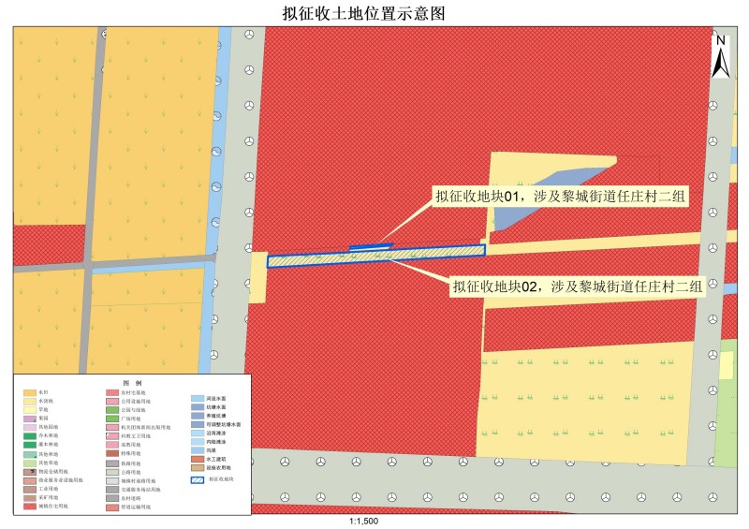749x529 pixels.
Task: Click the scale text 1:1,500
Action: pos(362,521)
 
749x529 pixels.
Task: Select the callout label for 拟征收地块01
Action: pos(560,197)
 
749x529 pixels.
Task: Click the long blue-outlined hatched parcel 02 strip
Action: pos(374,257)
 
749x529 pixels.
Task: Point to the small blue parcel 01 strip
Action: pos(370,247)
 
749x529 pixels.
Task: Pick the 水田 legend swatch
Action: pos(31,393)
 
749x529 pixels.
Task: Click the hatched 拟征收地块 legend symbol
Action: pos(198,480)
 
